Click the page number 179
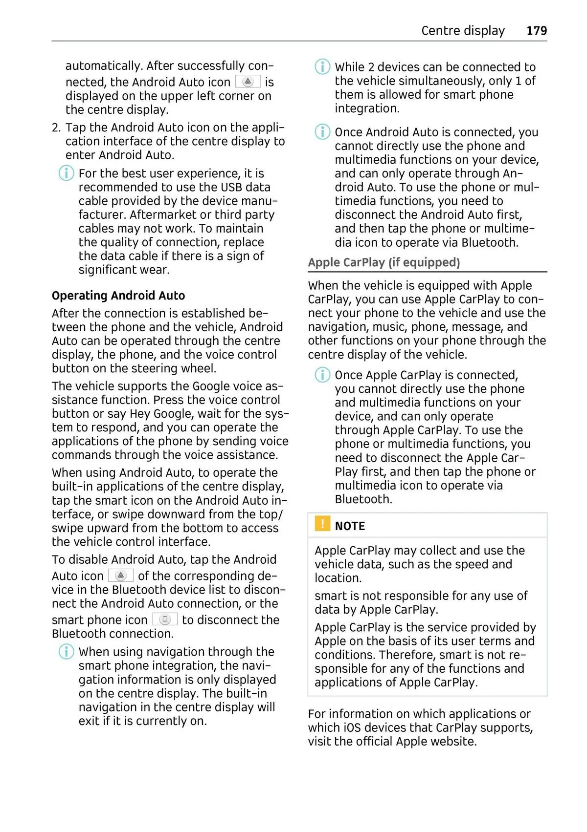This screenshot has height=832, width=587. tap(536, 31)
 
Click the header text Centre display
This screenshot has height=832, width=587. tap(463, 31)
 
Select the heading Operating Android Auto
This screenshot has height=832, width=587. tap(118, 296)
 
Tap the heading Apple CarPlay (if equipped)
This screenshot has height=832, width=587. tap(384, 262)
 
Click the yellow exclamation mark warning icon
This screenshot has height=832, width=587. tap(322, 524)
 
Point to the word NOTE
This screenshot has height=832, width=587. tap(350, 526)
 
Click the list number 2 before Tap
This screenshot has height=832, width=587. tap(56, 128)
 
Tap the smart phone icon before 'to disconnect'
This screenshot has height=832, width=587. tap(165, 619)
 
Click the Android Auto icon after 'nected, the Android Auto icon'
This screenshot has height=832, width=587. tap(248, 82)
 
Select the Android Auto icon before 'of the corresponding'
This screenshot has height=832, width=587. tap(120, 576)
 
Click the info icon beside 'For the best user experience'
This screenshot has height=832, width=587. tap(66, 173)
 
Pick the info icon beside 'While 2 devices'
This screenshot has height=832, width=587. tap(322, 66)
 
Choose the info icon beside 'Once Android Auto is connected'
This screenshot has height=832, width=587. tap(322, 132)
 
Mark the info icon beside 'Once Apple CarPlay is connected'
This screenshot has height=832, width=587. tap(322, 375)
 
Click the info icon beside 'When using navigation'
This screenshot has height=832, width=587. tap(66, 652)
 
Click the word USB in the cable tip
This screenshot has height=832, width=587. tap(231, 187)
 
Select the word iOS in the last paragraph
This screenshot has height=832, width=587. tap(352, 727)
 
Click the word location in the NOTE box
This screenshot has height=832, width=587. tap(338, 578)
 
